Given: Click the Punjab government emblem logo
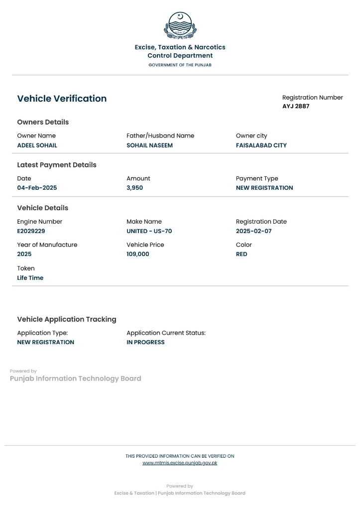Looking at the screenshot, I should (180, 25).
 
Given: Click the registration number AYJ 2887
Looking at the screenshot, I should (296, 106).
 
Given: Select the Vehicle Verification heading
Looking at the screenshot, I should (62, 99).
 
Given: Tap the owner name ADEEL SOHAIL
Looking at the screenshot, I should (37, 145).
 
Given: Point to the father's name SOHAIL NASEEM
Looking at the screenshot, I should (149, 145).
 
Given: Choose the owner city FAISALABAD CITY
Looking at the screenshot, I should (261, 145).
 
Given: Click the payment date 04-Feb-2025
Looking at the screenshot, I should (37, 188).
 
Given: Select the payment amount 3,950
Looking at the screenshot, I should (134, 188).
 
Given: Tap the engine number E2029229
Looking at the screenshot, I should (31, 231).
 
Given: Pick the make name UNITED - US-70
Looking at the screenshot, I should (149, 231).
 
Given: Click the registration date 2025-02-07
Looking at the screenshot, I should (253, 231).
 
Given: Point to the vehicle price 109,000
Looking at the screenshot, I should (137, 254).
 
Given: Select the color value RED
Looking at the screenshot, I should (241, 254).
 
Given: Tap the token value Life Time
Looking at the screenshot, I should (30, 278).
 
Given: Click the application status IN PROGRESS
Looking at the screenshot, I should (145, 342).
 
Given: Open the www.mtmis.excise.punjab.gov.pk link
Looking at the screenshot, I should (180, 463).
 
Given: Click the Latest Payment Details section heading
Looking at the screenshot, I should (57, 165).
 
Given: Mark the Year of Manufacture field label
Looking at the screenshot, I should (47, 245).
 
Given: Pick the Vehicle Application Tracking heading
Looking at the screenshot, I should (67, 319).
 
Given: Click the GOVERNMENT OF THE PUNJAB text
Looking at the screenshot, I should (180, 65).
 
